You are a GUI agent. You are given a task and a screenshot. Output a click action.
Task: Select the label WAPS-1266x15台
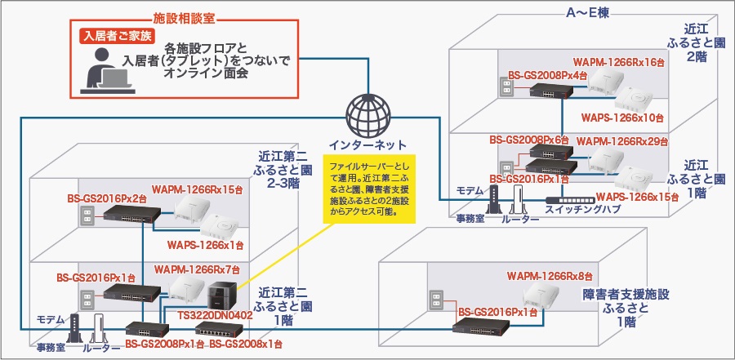(x=637, y=197)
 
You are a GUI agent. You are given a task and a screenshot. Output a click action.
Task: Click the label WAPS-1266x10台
(x=622, y=117)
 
